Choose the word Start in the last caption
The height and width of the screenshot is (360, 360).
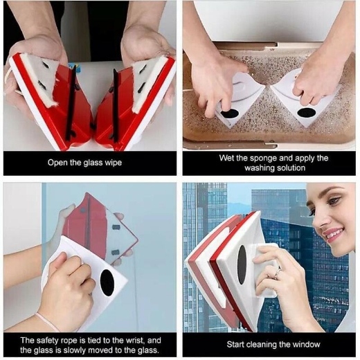point(239,343)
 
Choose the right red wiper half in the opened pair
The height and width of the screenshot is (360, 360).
point(135,104)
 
